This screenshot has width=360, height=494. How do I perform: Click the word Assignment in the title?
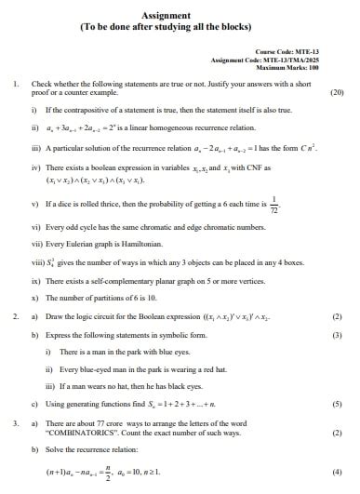click(x=167, y=15)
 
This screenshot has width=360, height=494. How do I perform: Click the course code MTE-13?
click(x=308, y=51)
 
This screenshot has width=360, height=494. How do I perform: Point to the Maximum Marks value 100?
click(x=313, y=67)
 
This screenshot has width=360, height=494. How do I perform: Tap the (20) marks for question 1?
click(x=337, y=93)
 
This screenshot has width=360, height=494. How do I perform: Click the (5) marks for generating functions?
click(x=337, y=404)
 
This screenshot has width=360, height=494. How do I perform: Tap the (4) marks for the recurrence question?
click(x=337, y=472)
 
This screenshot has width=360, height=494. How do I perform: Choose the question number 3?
click(x=16, y=423)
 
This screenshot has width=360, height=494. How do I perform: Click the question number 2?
click(x=16, y=316)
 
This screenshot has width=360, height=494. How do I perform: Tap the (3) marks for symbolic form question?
click(x=337, y=334)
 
